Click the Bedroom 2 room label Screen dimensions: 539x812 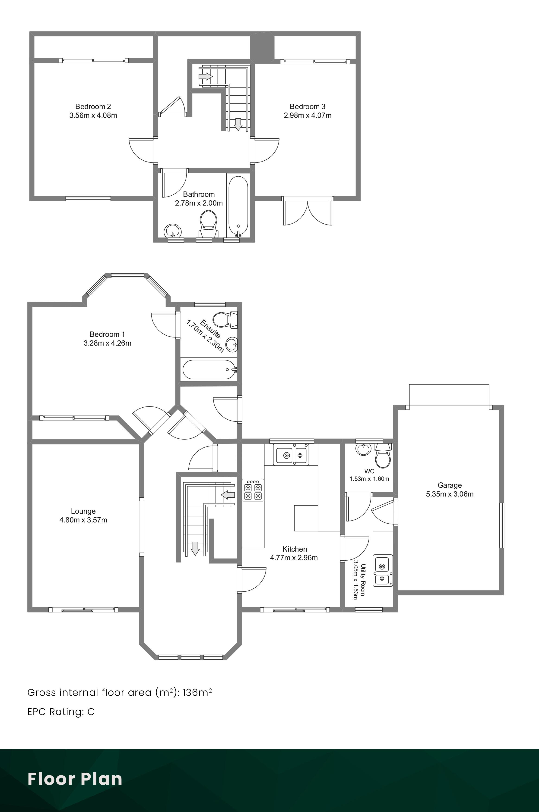(93, 106)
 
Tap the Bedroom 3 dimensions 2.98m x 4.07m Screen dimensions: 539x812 (308, 115)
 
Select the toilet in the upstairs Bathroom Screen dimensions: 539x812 (208, 223)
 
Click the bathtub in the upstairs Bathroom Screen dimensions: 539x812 (238, 206)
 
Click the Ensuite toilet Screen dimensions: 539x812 (225, 319)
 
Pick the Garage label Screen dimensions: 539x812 (450, 485)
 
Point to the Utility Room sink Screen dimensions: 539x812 (383, 570)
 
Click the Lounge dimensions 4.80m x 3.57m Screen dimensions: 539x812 (83, 520)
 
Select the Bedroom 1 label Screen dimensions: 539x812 (107, 334)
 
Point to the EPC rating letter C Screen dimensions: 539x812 (91, 712)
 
